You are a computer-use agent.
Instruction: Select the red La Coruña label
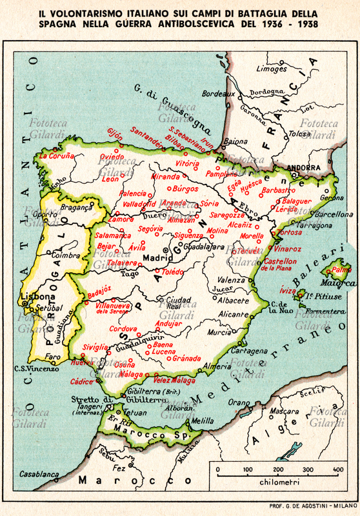57,155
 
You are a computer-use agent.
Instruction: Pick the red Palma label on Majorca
341,270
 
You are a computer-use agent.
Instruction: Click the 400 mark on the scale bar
337,469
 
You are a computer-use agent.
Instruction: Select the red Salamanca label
114,235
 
